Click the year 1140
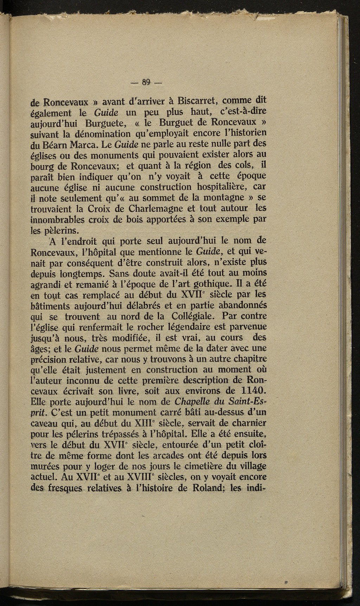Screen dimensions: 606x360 (249, 391)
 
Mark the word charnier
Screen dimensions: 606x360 (249, 423)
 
